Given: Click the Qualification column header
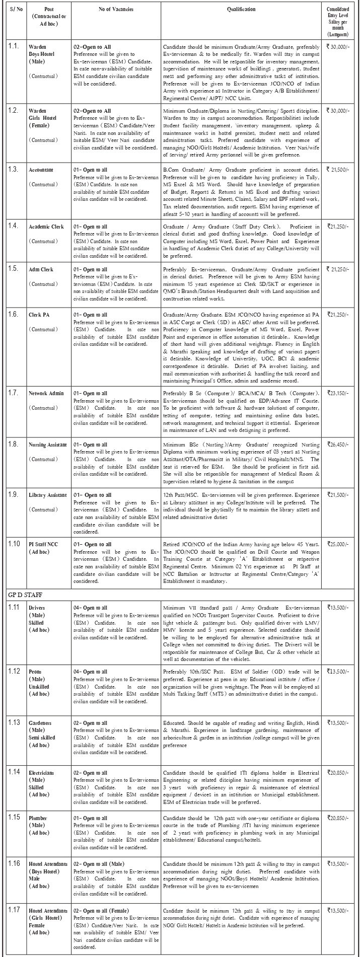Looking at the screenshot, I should (x=241, y=10).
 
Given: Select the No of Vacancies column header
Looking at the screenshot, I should (x=115, y=10).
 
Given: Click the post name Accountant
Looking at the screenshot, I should (x=42, y=170).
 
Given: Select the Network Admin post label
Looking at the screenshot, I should (x=46, y=393).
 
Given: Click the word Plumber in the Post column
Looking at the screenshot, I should (x=38, y=818).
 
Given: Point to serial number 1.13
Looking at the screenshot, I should (x=14, y=723).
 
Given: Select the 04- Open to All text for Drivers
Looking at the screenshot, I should (x=91, y=608).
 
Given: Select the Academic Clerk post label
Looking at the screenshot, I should (x=46, y=227).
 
